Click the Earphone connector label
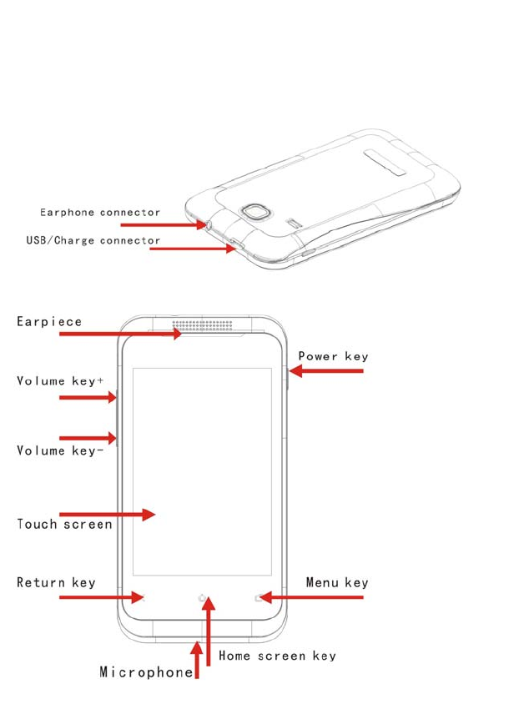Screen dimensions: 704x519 [x=100, y=213]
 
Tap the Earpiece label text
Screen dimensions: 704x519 [x=50, y=322]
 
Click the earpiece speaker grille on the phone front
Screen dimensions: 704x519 [x=202, y=325]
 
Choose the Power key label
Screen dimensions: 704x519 [x=333, y=356]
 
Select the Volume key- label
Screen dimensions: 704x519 [x=61, y=450]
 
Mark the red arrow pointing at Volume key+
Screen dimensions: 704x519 [x=88, y=398]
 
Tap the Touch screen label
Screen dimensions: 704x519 [x=64, y=525]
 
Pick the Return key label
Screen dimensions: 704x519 [x=56, y=582]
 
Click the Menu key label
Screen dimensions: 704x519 [x=336, y=582]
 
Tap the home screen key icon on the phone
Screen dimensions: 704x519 [x=202, y=597]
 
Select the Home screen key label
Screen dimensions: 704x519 [x=277, y=656]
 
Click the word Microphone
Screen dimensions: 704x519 [x=146, y=672]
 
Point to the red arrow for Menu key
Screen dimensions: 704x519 [x=313, y=597]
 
